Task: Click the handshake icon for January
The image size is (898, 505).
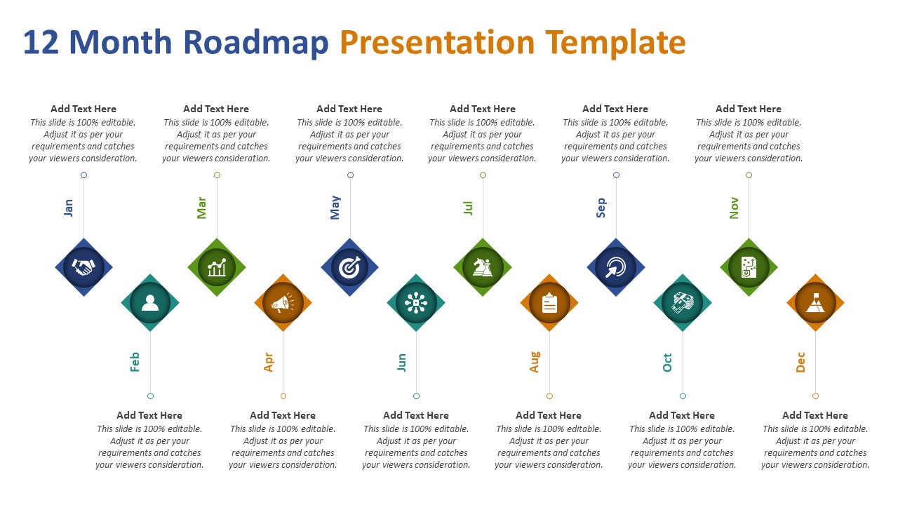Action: [x=83, y=267]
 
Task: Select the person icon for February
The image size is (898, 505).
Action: [x=150, y=303]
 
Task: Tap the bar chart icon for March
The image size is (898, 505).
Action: [x=217, y=267]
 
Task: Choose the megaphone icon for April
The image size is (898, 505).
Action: [x=283, y=303]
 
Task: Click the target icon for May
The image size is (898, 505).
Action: [x=349, y=267]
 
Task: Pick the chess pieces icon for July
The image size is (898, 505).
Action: [x=483, y=267]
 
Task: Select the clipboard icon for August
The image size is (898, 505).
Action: [x=549, y=303]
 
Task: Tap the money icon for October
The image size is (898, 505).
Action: [x=682, y=303]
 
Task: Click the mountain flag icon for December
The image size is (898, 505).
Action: [x=815, y=303]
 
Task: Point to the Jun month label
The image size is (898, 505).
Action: [x=401, y=362]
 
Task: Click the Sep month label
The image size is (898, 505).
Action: [x=601, y=208]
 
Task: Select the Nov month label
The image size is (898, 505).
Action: [x=734, y=208]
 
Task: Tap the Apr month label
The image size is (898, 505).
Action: [x=269, y=362]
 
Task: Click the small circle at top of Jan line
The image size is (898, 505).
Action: [x=83, y=175]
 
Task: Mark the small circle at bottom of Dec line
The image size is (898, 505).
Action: [x=815, y=396]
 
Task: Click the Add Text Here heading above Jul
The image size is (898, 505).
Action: [x=483, y=109]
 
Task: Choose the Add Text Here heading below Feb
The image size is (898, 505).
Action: [x=149, y=415]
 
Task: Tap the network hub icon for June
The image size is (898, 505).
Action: [x=416, y=303]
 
